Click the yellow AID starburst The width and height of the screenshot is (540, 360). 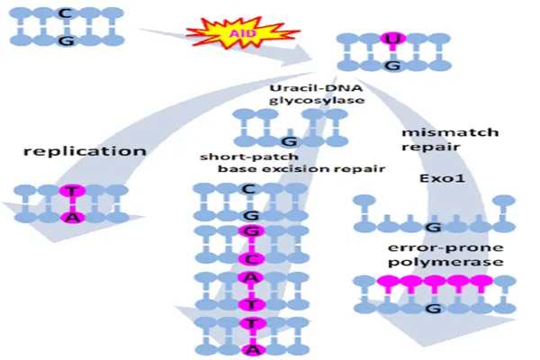tap(243, 33)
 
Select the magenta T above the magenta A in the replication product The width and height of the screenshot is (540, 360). tap(72, 191)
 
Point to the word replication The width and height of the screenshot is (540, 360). tap(85, 151)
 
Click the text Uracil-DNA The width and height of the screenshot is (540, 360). tap(316, 88)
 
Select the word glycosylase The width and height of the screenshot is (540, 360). tap(317, 100)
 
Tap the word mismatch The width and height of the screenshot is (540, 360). tap(450, 132)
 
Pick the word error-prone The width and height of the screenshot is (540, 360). tap(445, 247)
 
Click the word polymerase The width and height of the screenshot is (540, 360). tap(445, 262)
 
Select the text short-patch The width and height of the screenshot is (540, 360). tap(249, 157)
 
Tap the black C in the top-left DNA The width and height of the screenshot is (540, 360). tap(65, 13)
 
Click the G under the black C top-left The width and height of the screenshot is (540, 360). tap(66, 40)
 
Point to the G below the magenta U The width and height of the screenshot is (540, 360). tap(393, 65)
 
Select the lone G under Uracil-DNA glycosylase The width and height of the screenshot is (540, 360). tap(289, 141)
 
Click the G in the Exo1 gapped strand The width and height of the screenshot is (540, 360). tap(433, 228)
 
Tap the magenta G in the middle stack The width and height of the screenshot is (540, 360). tap(252, 231)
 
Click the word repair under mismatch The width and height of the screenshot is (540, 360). tap(430, 148)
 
